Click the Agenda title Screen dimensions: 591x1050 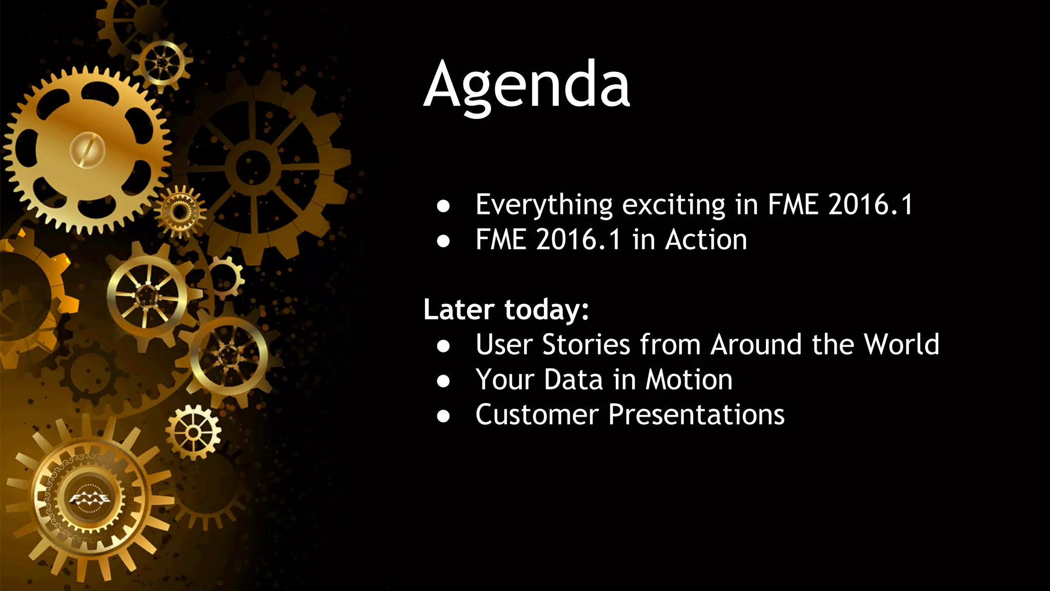pyautogui.click(x=527, y=85)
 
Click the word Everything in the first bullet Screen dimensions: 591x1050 pyautogui.click(x=543, y=205)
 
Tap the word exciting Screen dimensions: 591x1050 pyautogui.click(x=674, y=205)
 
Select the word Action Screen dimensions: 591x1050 pyautogui.click(x=706, y=240)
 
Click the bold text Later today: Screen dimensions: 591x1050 pyautogui.click(x=506, y=310)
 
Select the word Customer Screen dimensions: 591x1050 pyautogui.click(x=537, y=415)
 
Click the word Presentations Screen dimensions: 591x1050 pyautogui.click(x=696, y=415)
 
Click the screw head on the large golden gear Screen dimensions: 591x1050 pyautogui.click(x=88, y=150)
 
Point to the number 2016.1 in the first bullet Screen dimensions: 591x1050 pyautogui.click(x=871, y=205)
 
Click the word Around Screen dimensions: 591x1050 pyautogui.click(x=756, y=345)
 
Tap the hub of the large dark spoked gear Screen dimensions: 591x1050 pyautogui.click(x=252, y=167)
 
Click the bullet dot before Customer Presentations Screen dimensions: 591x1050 pyautogui.click(x=443, y=416)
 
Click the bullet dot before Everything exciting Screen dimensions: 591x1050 pyautogui.click(x=443, y=206)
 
